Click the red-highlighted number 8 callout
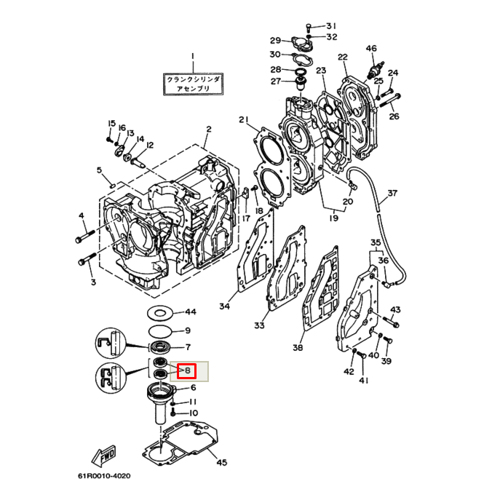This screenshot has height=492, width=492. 187,371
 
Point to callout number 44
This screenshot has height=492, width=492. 190,312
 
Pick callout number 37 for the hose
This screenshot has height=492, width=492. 392,194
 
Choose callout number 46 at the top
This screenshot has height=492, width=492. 371,49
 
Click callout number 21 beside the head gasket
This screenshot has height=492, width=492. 243,120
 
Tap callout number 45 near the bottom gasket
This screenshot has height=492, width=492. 221,462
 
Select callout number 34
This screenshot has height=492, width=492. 224,306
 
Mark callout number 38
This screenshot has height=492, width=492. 298,348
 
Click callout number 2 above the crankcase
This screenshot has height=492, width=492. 208,130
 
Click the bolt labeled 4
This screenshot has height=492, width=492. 79,238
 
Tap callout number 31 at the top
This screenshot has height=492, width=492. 331,25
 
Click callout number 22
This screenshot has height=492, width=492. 342,57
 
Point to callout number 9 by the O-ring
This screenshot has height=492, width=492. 187,330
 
